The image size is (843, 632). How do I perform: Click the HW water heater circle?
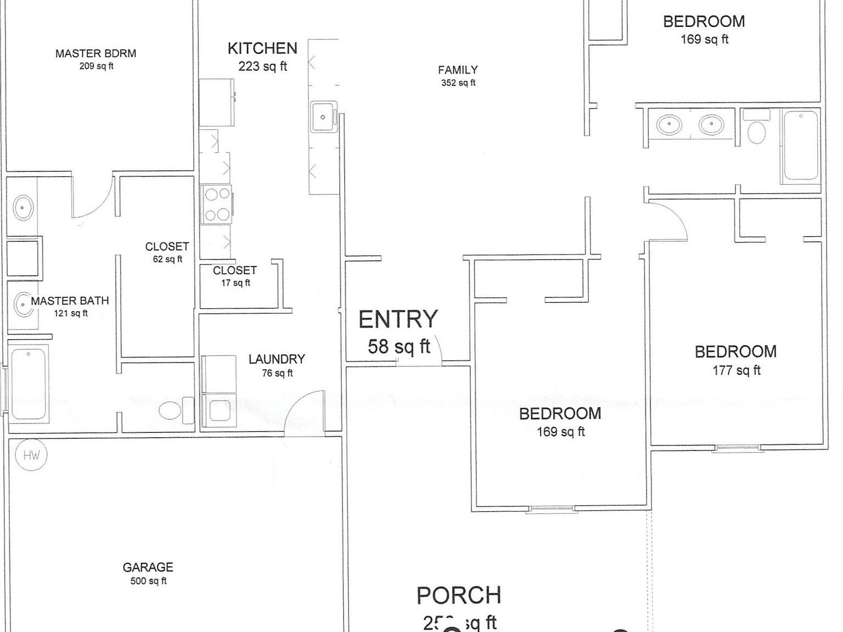tap(31, 455)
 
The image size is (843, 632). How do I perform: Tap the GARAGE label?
tap(148, 567)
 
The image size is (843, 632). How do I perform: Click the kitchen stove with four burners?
tap(217, 205)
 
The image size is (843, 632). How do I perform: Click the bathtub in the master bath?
tap(29, 384)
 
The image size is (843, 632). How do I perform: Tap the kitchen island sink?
tap(323, 117)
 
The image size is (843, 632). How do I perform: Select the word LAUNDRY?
tap(277, 359)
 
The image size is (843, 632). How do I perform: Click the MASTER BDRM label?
tap(95, 54)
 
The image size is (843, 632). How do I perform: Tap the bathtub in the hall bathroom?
tap(800, 145)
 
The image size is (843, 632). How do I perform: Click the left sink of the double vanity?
tap(669, 125)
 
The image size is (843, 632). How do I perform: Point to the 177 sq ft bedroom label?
tap(736, 360)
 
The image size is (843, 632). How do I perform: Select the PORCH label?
tap(459, 595)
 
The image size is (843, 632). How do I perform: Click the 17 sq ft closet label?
tap(235, 276)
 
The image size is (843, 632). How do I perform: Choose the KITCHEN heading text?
tap(262, 48)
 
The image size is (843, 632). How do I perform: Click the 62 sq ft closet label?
tap(167, 252)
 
